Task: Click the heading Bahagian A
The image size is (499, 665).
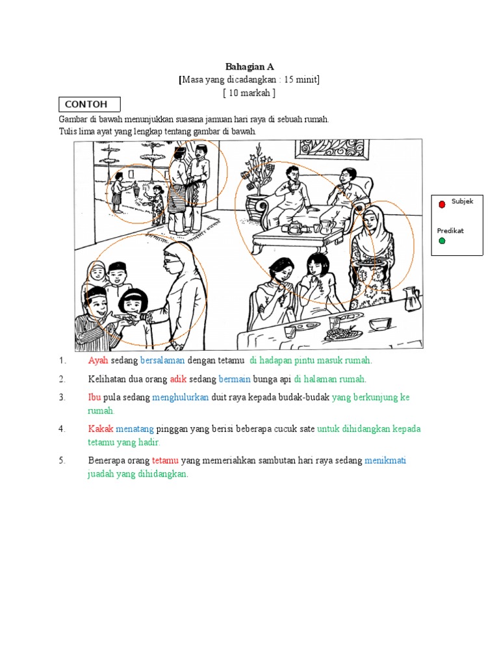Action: (249, 67)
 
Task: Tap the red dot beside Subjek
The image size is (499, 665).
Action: (442, 205)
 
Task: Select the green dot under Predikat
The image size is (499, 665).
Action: (442, 241)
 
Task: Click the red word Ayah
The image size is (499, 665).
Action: (98, 360)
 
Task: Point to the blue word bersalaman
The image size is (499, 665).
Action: (162, 360)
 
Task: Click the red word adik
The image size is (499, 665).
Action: (178, 379)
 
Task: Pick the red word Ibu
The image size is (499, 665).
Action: (94, 397)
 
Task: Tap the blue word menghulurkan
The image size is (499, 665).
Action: (181, 397)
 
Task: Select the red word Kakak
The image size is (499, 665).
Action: (101, 429)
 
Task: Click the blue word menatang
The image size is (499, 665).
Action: (134, 429)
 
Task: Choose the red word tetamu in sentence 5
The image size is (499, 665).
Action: (165, 460)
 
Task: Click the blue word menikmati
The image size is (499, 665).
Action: (385, 460)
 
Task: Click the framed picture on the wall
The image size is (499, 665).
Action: (332, 150)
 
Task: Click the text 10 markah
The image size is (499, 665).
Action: (249, 93)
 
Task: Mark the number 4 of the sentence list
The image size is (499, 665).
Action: (62, 429)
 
